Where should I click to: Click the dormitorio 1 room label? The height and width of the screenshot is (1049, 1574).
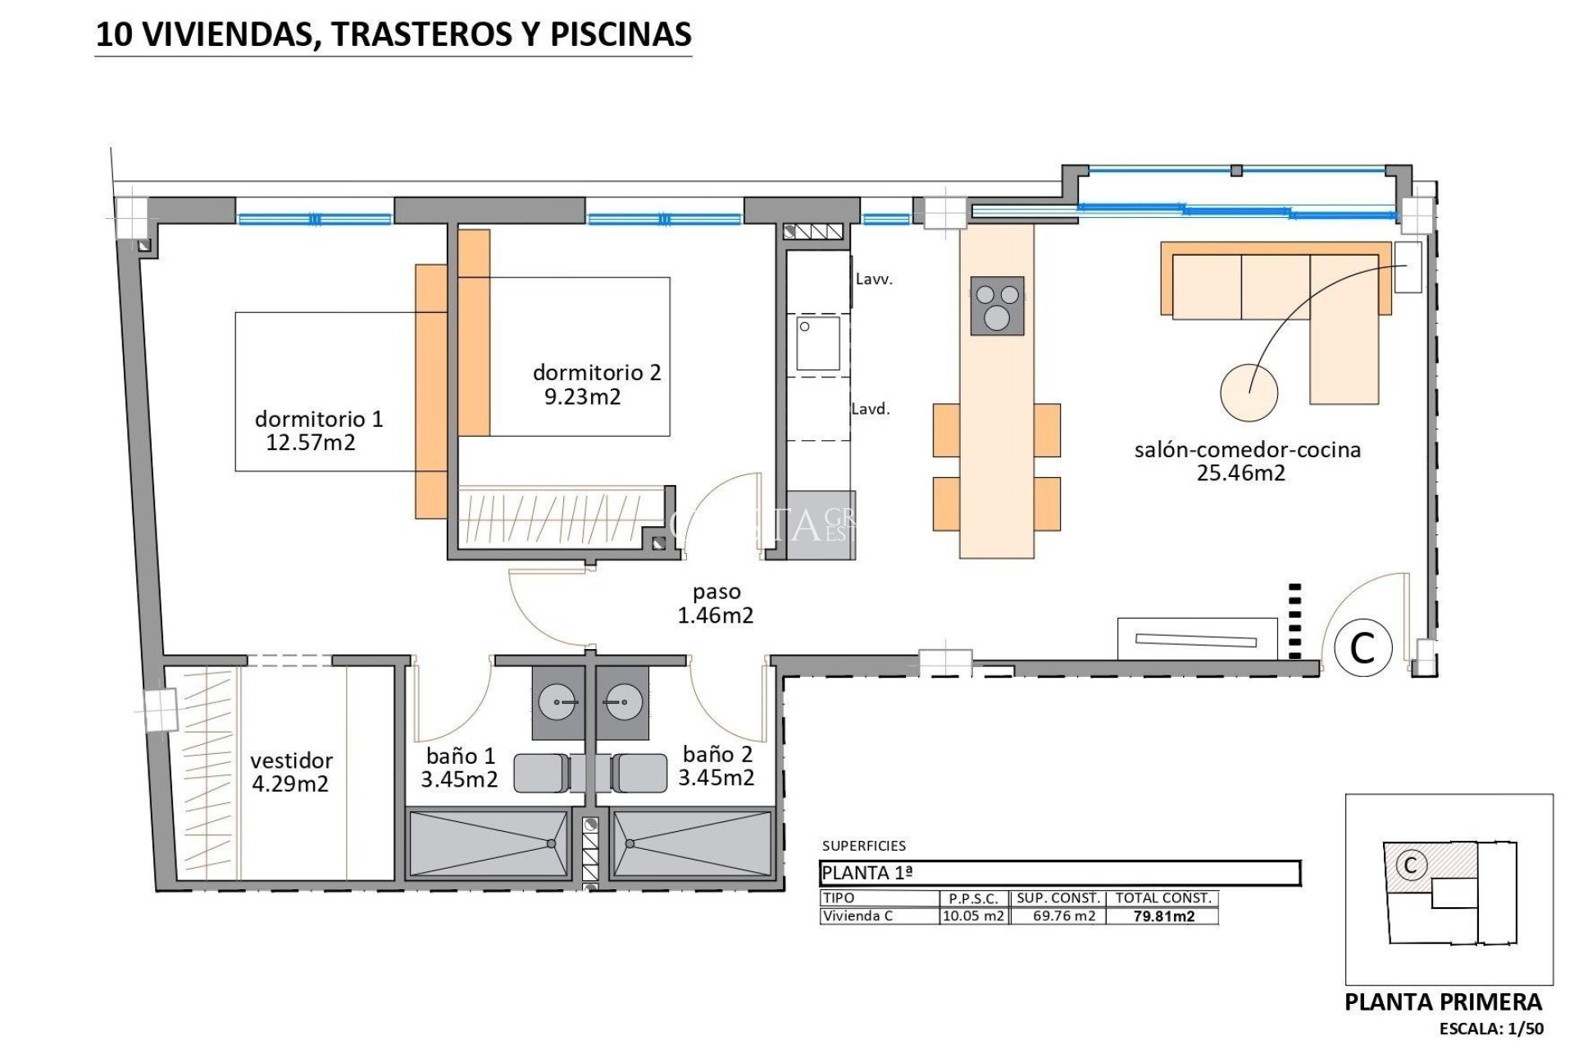pyautogui.click(x=319, y=419)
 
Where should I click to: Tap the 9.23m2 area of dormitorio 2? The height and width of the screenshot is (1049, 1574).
pyautogui.click(x=583, y=397)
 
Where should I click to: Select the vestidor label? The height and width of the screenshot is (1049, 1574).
pyautogui.click(x=291, y=761)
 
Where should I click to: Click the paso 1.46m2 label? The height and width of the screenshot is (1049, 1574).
pyautogui.click(x=716, y=604)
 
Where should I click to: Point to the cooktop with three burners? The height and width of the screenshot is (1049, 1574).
pyautogui.click(x=997, y=306)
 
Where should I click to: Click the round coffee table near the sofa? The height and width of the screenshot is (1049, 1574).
pyautogui.click(x=1249, y=393)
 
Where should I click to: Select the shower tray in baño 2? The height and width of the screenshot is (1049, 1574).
pyautogui.click(x=691, y=843)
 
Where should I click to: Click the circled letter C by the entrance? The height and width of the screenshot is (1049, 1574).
pyautogui.click(x=1362, y=647)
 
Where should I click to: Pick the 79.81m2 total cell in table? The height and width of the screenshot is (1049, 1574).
pyautogui.click(x=1163, y=916)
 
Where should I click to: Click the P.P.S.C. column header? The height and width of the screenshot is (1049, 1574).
pyautogui.click(x=973, y=898)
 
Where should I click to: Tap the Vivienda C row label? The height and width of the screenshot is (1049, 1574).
pyautogui.click(x=858, y=916)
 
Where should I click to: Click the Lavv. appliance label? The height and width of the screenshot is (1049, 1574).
pyautogui.click(x=874, y=279)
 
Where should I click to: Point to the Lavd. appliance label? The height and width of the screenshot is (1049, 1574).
pyautogui.click(x=870, y=409)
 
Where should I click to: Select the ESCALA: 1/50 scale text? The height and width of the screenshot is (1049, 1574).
pyautogui.click(x=1491, y=1029)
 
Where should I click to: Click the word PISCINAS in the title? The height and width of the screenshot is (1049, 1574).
pyautogui.click(x=621, y=34)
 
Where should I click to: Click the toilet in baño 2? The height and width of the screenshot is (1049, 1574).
pyautogui.click(x=640, y=773)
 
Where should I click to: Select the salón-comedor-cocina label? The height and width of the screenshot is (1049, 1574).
pyautogui.click(x=1247, y=449)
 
